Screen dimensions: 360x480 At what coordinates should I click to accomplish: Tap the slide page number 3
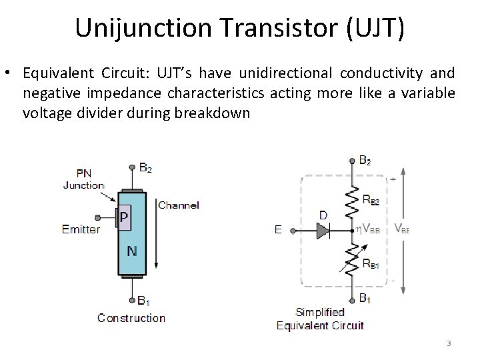point(449,344)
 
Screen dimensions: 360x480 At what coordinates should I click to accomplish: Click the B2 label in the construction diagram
point(145,168)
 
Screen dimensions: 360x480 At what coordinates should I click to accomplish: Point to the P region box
point(125,217)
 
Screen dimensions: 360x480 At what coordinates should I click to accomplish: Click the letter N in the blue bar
point(133,251)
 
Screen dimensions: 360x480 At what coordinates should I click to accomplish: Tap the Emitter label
point(81,229)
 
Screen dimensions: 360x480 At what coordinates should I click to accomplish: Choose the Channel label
point(179,205)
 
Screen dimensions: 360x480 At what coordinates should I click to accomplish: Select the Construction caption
point(131,318)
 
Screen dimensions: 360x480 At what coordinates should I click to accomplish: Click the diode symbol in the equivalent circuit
point(323,230)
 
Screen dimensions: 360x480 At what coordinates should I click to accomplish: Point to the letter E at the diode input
point(278,229)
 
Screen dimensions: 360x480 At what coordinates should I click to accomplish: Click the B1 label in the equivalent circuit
point(365,298)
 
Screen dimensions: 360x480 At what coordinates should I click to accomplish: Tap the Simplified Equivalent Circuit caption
point(320,319)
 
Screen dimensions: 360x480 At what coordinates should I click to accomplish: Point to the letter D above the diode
point(323,215)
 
